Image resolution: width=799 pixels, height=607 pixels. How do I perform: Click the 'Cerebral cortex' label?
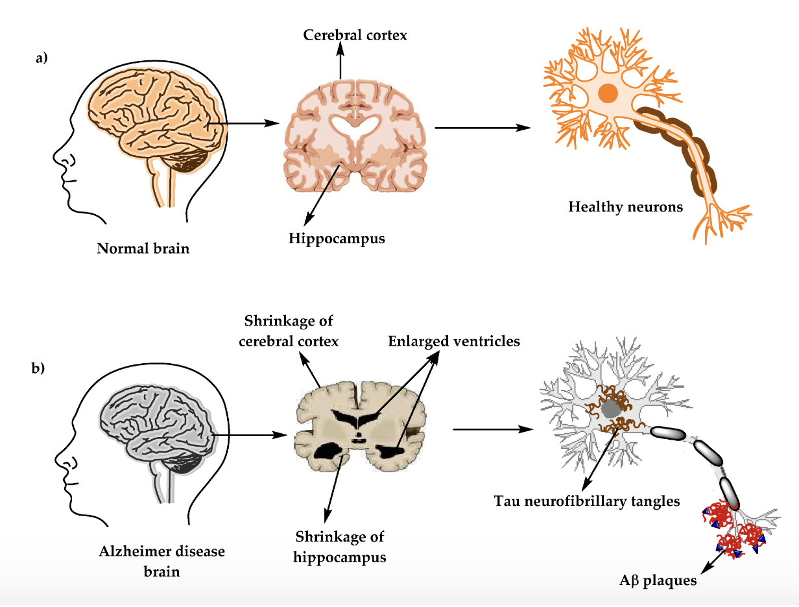point(355,35)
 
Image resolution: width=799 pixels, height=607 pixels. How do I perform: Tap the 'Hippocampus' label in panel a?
point(337,239)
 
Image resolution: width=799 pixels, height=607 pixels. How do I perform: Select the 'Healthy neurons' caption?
point(625,208)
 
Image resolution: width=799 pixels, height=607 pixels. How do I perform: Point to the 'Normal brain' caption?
point(143,248)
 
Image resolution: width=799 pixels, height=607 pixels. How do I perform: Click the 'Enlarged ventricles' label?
point(454,341)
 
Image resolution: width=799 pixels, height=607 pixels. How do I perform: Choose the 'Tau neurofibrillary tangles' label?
point(586,501)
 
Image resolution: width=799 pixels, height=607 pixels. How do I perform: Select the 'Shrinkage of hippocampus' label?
point(340,547)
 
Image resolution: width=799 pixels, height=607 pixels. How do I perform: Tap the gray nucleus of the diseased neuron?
point(610,409)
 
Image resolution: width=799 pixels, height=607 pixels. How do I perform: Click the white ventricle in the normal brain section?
point(353,126)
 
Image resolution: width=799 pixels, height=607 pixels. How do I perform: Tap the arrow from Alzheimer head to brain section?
point(250,434)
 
